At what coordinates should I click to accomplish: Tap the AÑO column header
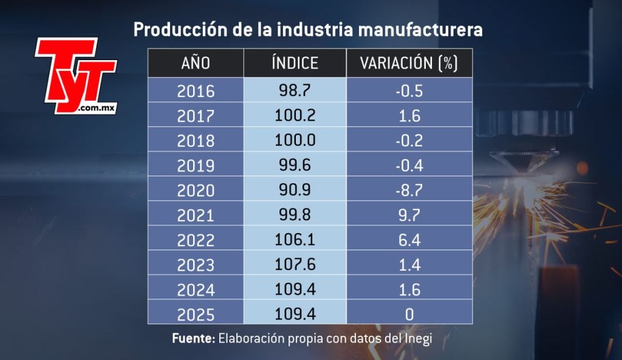(x=196, y=63)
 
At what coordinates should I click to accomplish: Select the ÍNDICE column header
(x=295, y=63)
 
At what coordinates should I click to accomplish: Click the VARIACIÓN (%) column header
(x=409, y=63)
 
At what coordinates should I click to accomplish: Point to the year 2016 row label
(x=196, y=91)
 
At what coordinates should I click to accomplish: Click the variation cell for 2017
(x=409, y=115)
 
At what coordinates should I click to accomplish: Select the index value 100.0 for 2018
(x=295, y=140)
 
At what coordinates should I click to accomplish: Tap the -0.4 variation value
(x=409, y=165)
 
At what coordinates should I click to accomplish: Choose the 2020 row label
(x=196, y=190)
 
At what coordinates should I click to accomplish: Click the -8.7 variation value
(x=409, y=189)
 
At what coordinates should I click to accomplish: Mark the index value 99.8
(x=295, y=214)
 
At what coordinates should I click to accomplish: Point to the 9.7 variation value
(x=409, y=214)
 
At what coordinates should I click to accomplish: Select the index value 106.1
(x=295, y=239)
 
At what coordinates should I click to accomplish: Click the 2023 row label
(x=196, y=265)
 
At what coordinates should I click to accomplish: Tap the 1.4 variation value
(x=409, y=264)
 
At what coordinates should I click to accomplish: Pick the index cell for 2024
(x=295, y=289)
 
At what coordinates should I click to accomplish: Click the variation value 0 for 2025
(x=409, y=314)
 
